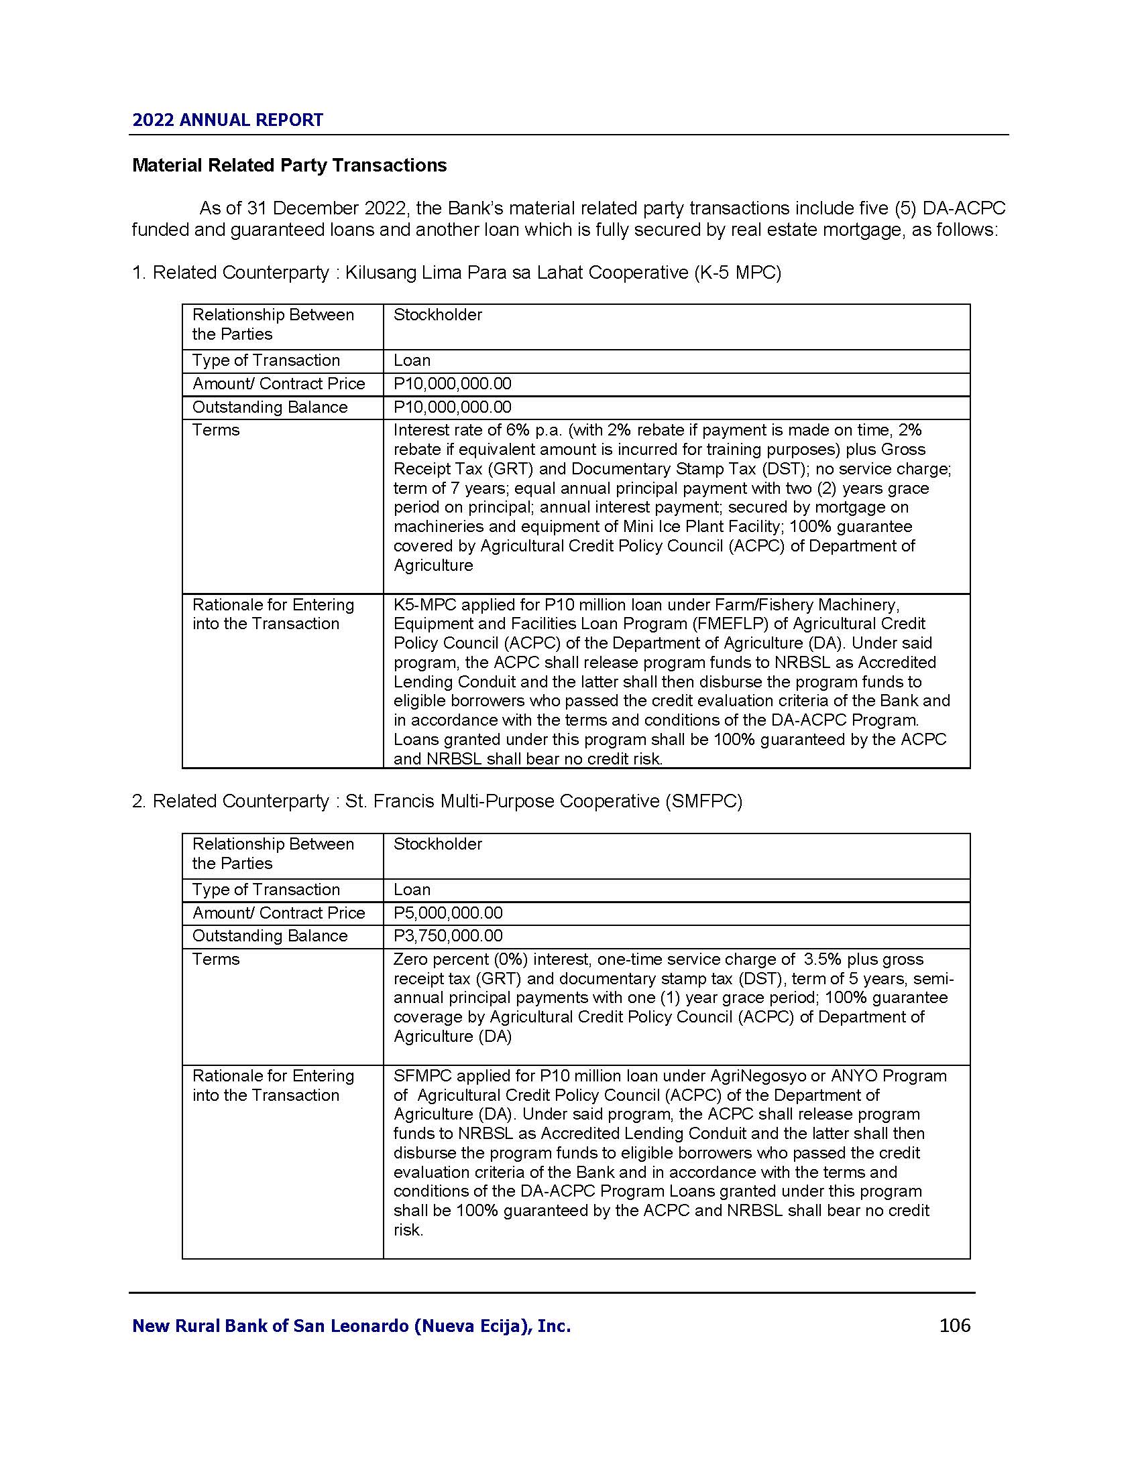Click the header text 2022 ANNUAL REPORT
227,120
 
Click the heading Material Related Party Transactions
289,165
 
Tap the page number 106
954,1325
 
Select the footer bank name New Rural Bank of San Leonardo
351,1326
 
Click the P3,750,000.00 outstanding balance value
448,936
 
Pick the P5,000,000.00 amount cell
448,913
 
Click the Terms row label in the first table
216,431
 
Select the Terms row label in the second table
216,959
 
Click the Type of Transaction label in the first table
266,360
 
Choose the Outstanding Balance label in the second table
270,936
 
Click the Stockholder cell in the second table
438,844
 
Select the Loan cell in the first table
412,360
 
